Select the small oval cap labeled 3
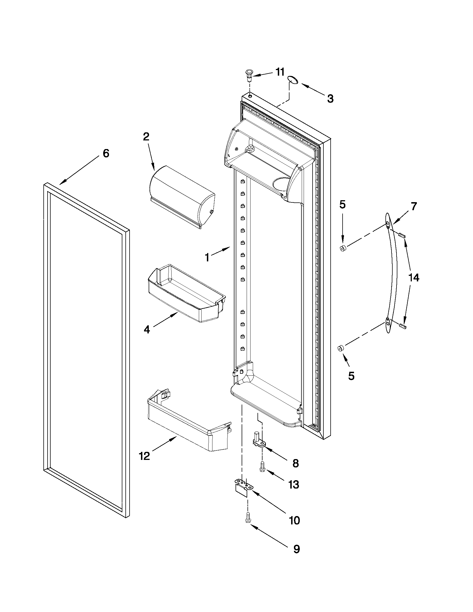point(293,80)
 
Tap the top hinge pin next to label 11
point(249,75)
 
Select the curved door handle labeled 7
point(392,273)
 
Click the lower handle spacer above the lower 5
point(341,348)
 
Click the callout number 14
point(413,278)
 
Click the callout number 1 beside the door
point(207,257)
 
